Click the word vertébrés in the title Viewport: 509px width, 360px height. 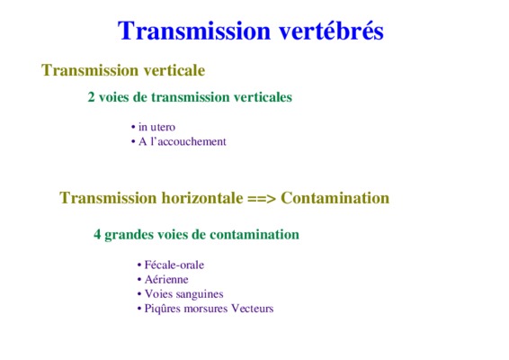pos(331,31)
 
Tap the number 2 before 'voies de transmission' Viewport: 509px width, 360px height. pos(91,97)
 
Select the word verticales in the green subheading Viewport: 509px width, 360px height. pos(263,97)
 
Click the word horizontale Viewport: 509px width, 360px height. pos(202,197)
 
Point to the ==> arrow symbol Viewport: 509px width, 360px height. pos(262,198)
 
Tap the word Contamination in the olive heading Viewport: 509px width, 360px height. pos(335,197)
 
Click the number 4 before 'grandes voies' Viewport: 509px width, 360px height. pos(97,234)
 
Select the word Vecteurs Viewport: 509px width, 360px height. pos(252,309)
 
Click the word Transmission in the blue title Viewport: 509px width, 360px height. pos(194,31)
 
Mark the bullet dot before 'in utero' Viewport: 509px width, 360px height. pos(133,127)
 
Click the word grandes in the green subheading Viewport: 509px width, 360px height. pos(129,235)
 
